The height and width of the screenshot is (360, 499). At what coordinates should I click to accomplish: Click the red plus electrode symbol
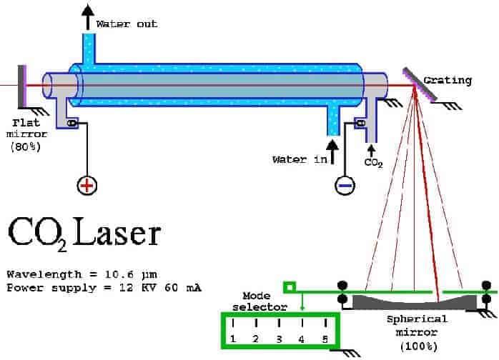coord(87,186)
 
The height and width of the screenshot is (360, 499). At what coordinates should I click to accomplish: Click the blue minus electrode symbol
coord(345,185)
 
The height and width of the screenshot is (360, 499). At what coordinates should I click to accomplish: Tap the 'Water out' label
coord(127,24)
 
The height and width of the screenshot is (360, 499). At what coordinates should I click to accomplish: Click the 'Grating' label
coord(448,80)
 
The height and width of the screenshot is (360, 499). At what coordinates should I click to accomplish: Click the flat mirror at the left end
coord(24,84)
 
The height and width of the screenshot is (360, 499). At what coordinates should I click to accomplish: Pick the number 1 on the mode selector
coord(233,338)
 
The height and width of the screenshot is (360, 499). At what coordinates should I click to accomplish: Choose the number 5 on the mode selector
coord(325,338)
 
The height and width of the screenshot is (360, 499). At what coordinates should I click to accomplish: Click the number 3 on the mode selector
coord(279,338)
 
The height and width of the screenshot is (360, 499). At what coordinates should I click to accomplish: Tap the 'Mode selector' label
coord(265,301)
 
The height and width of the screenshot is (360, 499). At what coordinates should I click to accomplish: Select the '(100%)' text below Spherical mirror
coord(417,346)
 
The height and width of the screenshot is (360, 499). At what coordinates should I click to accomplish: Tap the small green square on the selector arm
coord(289,288)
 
